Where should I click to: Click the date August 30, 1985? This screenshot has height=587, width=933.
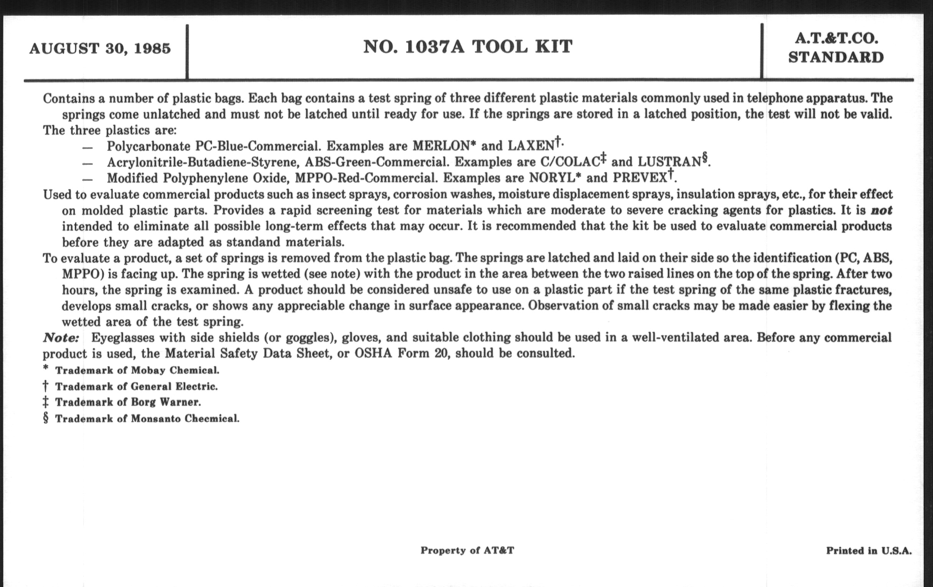(100, 49)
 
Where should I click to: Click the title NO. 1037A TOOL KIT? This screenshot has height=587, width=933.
(468, 47)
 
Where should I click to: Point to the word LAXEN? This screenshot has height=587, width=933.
(531, 146)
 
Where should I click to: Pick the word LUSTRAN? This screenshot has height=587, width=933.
(669, 162)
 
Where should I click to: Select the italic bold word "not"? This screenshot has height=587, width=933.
(881, 210)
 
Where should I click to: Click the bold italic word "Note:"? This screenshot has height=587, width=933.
(61, 338)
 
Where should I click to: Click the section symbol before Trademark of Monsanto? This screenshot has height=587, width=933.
(46, 419)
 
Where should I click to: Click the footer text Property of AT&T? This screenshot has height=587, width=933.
(467, 551)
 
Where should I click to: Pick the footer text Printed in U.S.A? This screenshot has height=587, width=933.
(869, 551)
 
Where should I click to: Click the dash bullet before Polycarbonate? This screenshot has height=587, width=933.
(87, 148)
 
